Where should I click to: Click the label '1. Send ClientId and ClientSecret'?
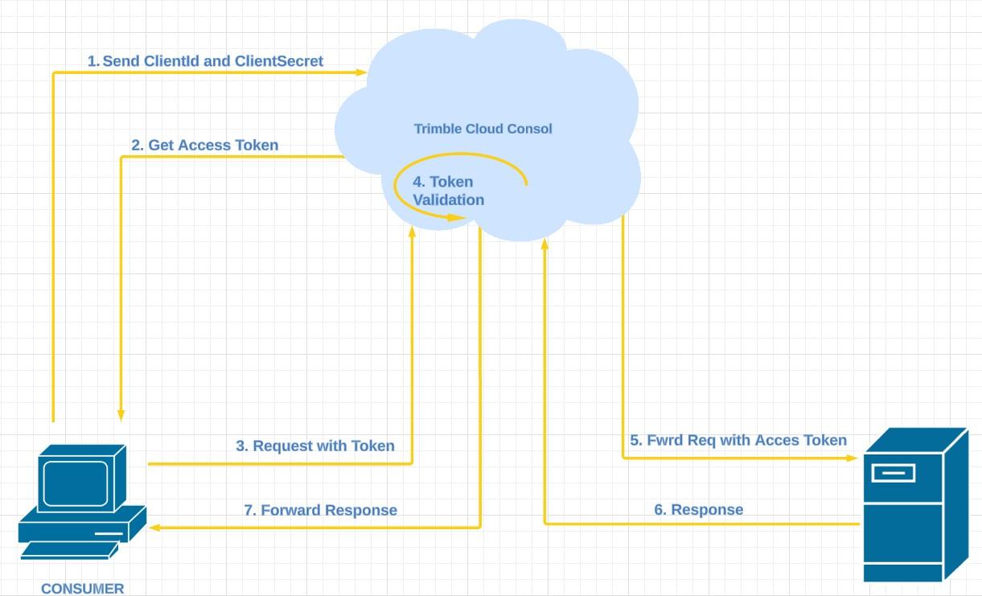(205, 61)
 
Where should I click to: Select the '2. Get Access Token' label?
(204, 146)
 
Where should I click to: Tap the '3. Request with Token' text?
(315, 446)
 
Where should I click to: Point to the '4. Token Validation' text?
(448, 191)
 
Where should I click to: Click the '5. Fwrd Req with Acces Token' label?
(738, 440)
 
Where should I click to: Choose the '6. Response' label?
(698, 509)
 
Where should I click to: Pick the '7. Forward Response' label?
(320, 510)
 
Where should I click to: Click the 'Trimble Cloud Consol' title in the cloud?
(483, 129)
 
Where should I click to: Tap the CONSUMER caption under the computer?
(83, 589)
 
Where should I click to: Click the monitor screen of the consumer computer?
(75, 482)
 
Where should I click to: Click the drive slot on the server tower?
(893, 472)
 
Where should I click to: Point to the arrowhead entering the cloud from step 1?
(362, 72)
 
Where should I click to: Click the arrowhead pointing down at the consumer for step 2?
(121, 414)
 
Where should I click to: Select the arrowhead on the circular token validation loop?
(460, 217)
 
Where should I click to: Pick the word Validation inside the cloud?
(449, 200)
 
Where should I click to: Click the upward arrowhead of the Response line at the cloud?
(544, 243)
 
